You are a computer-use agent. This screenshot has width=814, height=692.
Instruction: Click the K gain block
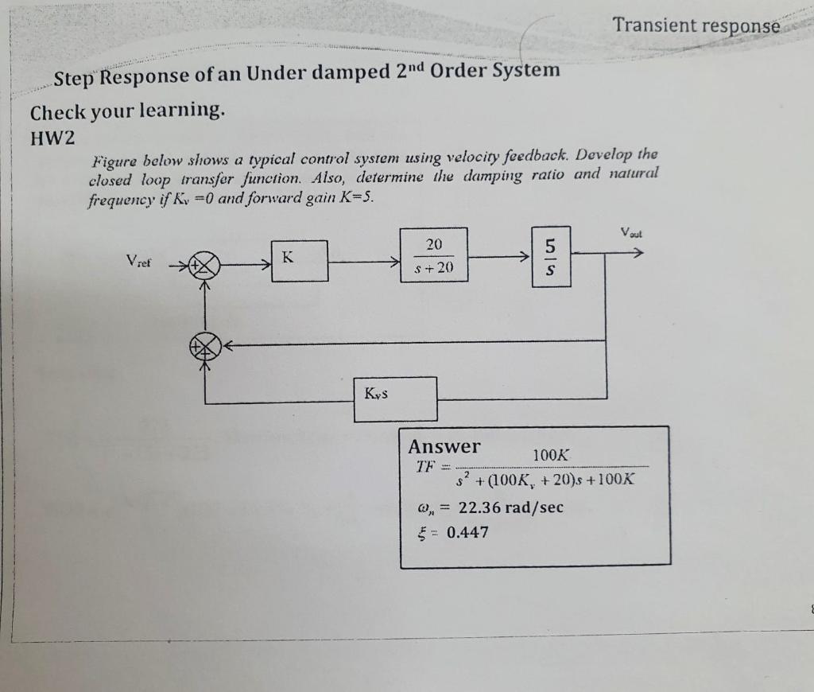pos(299,260)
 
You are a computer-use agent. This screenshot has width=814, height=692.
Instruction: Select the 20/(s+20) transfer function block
pos(433,255)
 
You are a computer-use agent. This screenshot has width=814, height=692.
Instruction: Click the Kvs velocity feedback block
pos(396,398)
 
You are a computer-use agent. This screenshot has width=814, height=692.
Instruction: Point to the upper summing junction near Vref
pos(207,265)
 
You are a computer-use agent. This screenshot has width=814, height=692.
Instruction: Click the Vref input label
pos(140,261)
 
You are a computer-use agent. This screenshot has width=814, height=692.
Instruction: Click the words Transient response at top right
pos(696,25)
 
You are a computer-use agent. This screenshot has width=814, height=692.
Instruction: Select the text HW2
pos(52,138)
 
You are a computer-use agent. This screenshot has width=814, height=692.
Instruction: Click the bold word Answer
pos(444,446)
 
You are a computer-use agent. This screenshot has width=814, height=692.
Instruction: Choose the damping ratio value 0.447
pos(467,532)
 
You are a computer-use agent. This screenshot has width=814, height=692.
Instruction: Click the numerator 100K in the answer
pos(551,455)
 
